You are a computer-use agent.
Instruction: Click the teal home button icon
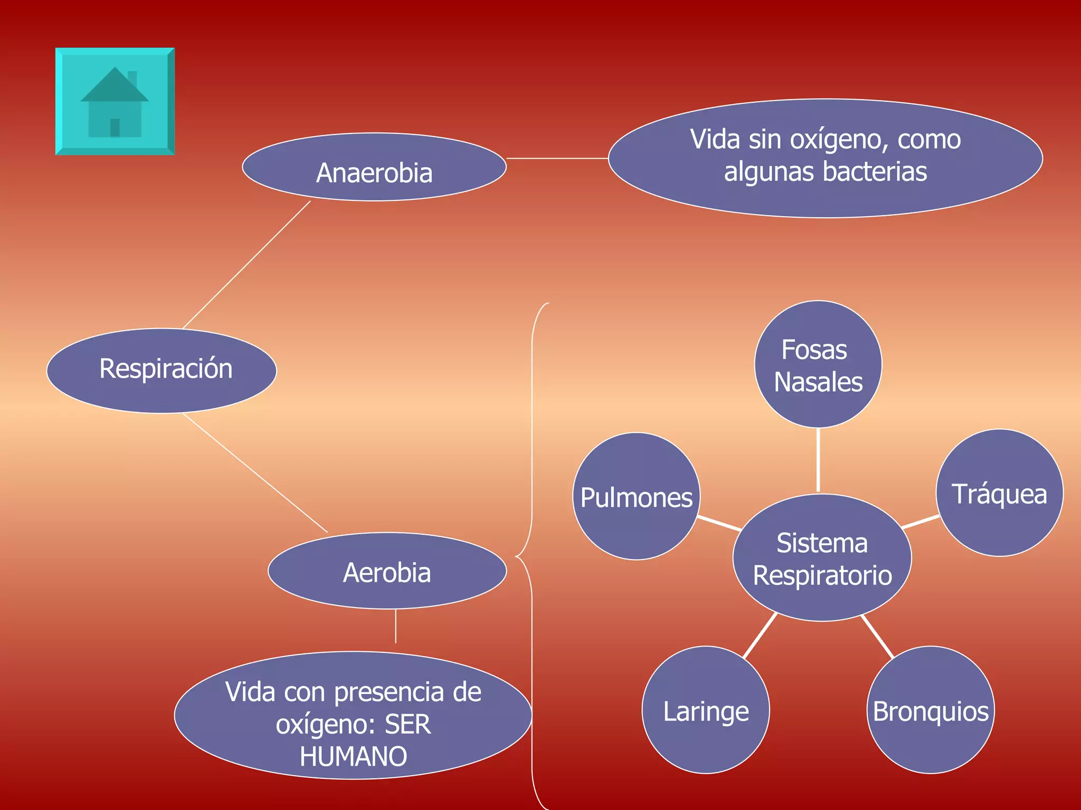click(115, 101)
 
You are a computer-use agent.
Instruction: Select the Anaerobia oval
click(374, 167)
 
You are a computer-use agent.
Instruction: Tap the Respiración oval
click(162, 370)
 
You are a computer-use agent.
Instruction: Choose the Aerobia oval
click(387, 571)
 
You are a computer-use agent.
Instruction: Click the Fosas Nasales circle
click(818, 364)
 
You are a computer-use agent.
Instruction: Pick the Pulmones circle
click(636, 496)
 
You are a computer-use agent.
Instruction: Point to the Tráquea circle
click(999, 493)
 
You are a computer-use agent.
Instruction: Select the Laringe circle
click(706, 710)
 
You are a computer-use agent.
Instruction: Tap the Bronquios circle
click(931, 710)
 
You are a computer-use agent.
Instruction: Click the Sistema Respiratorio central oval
click(822, 558)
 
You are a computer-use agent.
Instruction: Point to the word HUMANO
click(353, 756)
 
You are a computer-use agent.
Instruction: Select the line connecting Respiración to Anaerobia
click(246, 265)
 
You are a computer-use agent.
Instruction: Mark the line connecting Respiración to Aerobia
click(255, 472)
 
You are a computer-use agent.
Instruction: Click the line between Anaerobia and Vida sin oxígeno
click(557, 158)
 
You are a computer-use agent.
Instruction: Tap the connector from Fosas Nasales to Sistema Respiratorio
click(818, 460)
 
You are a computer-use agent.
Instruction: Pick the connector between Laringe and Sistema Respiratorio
click(760, 635)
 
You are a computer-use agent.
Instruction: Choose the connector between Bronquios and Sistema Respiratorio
click(877, 636)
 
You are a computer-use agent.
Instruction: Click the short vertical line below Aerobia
click(396, 626)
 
